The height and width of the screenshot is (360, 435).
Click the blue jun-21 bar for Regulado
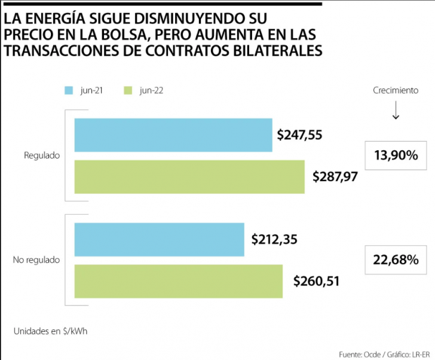point(173,135)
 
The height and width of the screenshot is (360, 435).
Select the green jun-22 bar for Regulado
point(189,176)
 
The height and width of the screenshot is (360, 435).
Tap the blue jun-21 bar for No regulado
point(159,239)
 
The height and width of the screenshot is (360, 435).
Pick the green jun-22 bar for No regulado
point(178,281)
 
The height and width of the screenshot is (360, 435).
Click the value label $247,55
point(300,136)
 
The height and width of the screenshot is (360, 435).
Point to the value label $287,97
point(335,177)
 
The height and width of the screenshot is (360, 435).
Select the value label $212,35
point(274,240)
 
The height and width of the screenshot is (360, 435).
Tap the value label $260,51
point(317,281)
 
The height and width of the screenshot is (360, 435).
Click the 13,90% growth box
point(396,155)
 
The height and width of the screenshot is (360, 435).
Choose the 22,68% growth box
point(396,260)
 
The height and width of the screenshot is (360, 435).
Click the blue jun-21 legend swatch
point(69,91)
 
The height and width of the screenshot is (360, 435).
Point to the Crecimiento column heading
point(396,91)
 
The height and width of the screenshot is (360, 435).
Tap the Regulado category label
point(42,155)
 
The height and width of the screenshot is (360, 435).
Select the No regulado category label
point(36,260)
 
